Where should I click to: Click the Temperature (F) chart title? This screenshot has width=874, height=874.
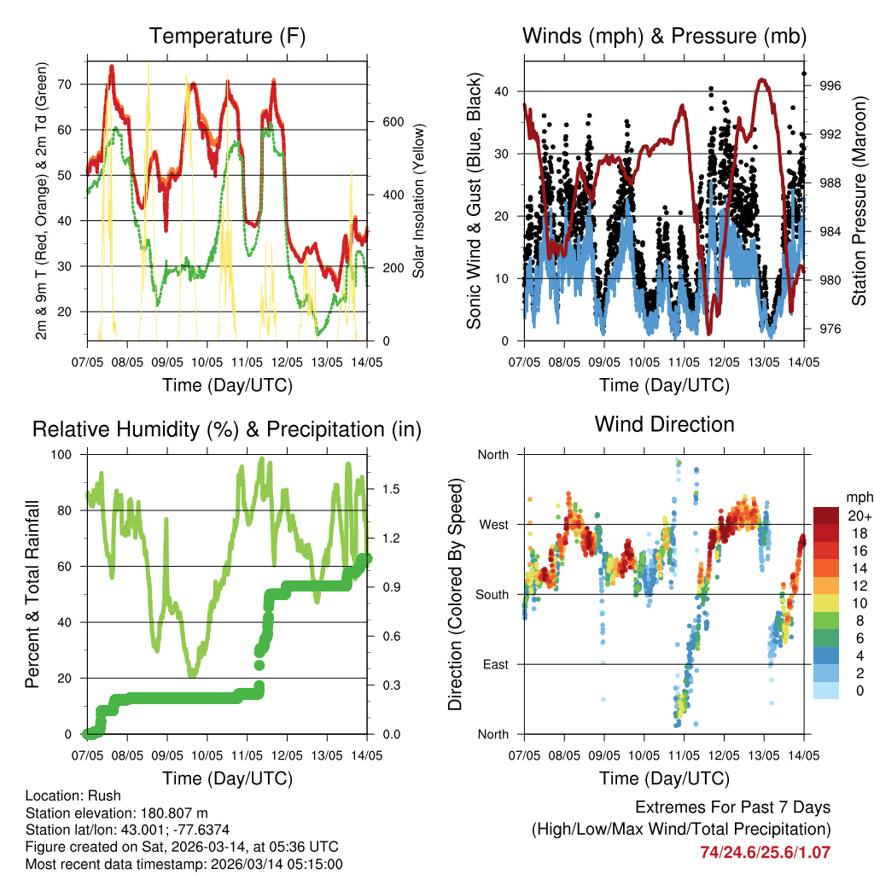pyautogui.click(x=227, y=37)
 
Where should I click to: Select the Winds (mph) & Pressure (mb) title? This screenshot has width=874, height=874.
pyautogui.click(x=664, y=37)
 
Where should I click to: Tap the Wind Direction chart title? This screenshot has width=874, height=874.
pyautogui.click(x=664, y=424)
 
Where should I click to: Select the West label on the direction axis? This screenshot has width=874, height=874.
pyautogui.click(x=492, y=524)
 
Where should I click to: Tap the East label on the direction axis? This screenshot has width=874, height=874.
pyautogui.click(x=493, y=664)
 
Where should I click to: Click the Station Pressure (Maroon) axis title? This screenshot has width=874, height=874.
pyautogui.click(x=859, y=201)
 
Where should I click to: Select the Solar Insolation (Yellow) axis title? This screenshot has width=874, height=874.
pyautogui.click(x=419, y=201)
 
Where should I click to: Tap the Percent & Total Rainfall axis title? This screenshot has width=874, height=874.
pyautogui.click(x=33, y=594)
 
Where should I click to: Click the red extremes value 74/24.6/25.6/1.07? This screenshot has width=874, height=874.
pyautogui.click(x=765, y=852)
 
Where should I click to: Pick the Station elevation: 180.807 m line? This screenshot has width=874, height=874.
pyautogui.click(x=116, y=813)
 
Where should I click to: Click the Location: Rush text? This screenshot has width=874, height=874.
pyautogui.click(x=73, y=795)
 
